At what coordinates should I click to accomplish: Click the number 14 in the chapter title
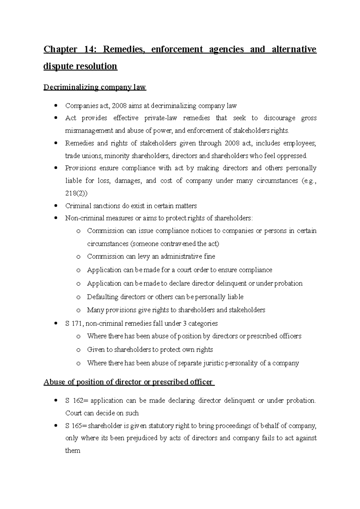88,49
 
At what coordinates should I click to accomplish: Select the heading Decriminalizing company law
94,87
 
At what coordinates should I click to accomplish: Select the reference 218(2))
76,193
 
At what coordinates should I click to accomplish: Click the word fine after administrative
209,256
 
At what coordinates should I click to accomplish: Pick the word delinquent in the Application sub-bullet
231,283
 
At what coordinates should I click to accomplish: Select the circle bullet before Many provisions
78,310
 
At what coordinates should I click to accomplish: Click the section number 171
78,323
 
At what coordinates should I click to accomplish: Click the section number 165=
79,426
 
